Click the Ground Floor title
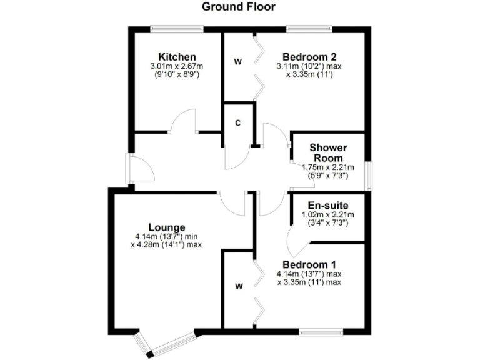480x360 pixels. (239, 7)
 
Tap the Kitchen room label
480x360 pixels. (177, 57)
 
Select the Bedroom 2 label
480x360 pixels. (308, 54)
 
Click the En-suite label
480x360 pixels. (328, 205)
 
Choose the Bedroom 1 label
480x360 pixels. (308, 264)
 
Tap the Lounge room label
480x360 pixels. (166, 227)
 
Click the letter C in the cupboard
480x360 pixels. (237, 122)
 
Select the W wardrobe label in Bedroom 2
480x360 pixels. (238, 61)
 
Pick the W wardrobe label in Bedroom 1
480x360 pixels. (238, 287)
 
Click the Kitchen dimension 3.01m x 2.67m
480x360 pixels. (177, 66)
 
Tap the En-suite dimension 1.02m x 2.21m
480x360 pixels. (328, 214)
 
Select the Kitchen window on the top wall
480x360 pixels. (177, 27)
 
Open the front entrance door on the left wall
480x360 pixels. (128, 168)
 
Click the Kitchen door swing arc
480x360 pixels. (184, 119)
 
